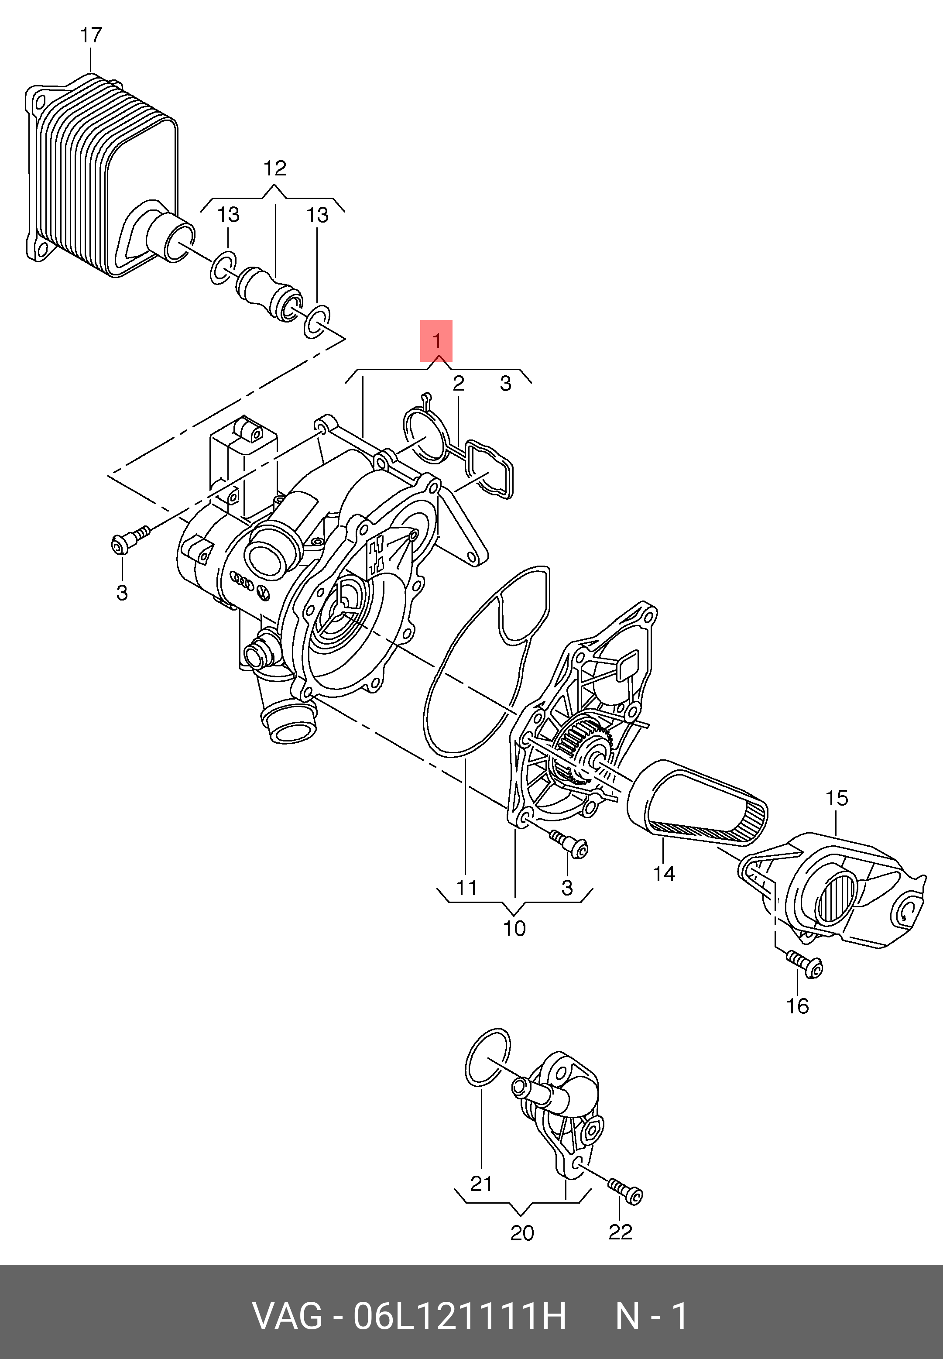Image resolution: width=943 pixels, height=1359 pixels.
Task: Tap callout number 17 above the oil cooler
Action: coord(91,35)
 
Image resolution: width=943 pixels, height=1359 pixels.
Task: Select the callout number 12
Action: coord(275,169)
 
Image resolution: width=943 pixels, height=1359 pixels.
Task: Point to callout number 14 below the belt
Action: coord(664,874)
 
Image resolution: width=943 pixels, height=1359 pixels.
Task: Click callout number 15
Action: coord(837,798)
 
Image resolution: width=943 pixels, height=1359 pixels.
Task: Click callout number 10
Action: coord(514,929)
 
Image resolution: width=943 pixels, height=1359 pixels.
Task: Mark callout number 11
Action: coord(466,888)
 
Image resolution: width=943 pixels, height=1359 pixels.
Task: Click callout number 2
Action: coord(459,384)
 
